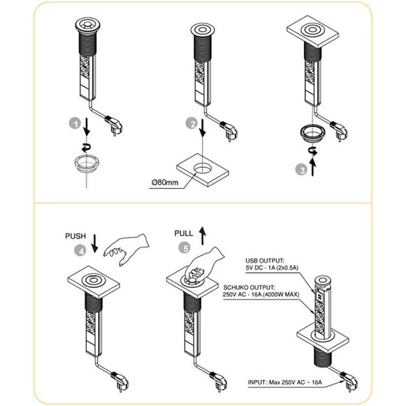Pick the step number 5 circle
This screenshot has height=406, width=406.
point(182,247)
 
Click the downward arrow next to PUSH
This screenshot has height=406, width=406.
point(94,242)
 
